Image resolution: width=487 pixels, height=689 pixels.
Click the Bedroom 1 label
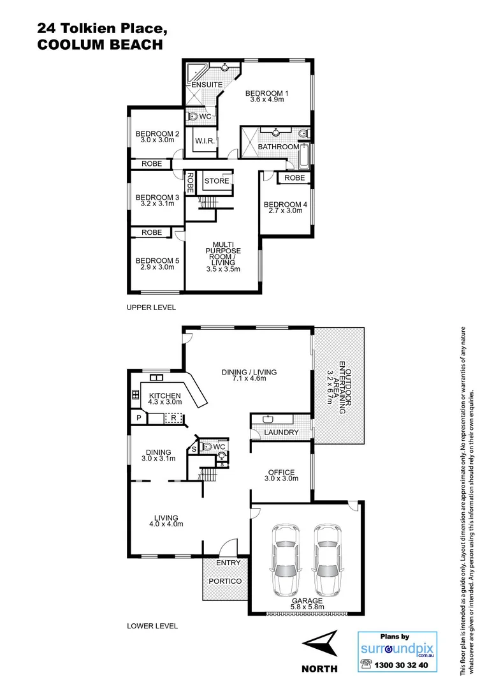[268, 93]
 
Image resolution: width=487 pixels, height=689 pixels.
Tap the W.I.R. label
[205, 140]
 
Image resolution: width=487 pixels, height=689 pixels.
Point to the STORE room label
[216, 181]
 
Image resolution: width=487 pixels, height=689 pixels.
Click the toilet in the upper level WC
[193, 117]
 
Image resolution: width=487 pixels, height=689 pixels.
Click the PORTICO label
[224, 582]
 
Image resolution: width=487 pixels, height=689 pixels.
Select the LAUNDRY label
[281, 433]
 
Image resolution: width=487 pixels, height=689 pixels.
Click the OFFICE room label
[281, 472]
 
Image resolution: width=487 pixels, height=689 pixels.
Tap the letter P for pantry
[137, 419]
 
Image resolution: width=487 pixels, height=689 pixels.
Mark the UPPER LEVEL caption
[152, 307]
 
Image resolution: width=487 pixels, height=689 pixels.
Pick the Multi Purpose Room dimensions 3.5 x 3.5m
[222, 269]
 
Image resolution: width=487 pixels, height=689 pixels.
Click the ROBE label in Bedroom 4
[294, 178]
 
